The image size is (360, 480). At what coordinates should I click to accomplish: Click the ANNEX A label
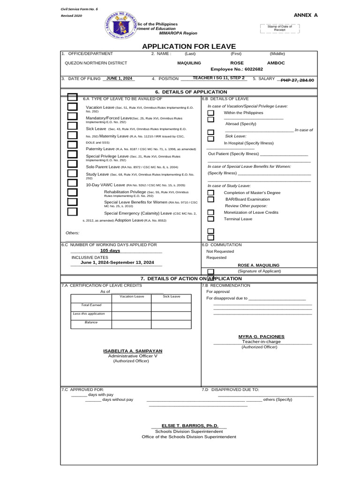coord(306,15)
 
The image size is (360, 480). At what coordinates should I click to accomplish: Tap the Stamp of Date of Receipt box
coord(279,29)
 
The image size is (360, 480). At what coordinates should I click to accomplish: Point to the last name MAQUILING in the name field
coord(189,63)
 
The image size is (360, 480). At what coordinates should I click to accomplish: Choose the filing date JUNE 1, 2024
coord(119,79)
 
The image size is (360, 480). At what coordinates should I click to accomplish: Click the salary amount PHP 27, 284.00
coord(297,80)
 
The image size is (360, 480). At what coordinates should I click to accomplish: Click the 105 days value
coord(110,251)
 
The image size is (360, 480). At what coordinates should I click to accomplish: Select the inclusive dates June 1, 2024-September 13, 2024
coord(117,262)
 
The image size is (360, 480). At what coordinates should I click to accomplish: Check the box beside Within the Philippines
coord(211,113)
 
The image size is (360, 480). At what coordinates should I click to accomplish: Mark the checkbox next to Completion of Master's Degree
coord(211,193)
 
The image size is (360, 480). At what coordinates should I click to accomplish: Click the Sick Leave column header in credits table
coord(171,297)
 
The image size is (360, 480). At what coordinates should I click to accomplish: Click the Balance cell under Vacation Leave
coord(131,324)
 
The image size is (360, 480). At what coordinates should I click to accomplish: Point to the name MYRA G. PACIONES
coord(261,337)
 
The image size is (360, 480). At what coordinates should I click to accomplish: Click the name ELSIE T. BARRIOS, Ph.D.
coord(190,426)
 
